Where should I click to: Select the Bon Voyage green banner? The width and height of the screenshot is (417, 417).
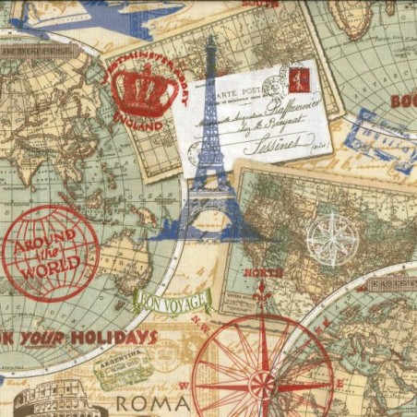click(173, 300)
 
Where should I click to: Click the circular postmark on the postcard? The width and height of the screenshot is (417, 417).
click(274, 86)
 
